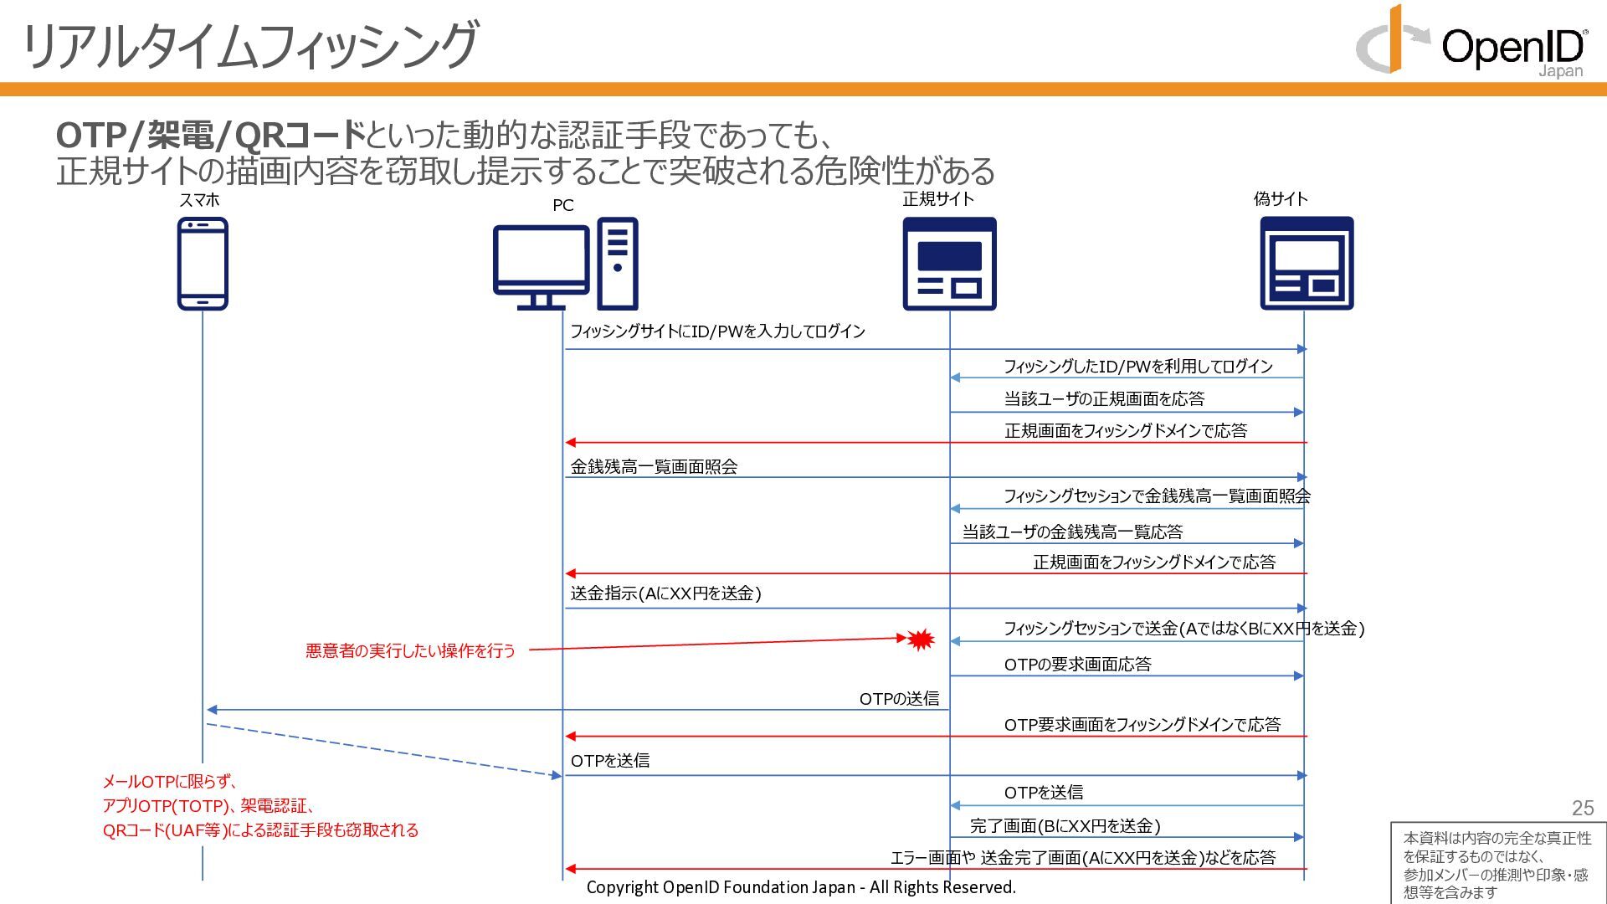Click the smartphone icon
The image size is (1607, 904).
pos(203,264)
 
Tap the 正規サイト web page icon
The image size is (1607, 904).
pos(949,264)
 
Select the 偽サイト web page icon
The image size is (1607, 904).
pos(1307,264)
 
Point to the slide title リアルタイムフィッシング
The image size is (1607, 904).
pos(249,46)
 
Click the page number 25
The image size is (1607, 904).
pos(1582,808)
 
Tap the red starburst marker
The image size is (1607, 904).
pos(921,640)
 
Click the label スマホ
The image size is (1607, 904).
pos(199,200)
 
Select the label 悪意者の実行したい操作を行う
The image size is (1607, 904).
pos(410,650)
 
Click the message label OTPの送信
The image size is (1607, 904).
pos(899,699)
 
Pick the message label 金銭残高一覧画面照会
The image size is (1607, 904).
pos(654,467)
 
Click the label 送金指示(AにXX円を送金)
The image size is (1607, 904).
pos(665,593)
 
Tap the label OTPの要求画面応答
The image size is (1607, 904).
pos(1077,665)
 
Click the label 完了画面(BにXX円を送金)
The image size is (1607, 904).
pos(1065,826)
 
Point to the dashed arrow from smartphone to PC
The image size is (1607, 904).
pos(381,750)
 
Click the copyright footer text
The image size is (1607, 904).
pos(801,887)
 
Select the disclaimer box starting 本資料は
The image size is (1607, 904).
pos(1497,864)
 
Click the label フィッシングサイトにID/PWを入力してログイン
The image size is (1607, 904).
pos(717,331)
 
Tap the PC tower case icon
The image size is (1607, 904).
pos(618,264)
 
